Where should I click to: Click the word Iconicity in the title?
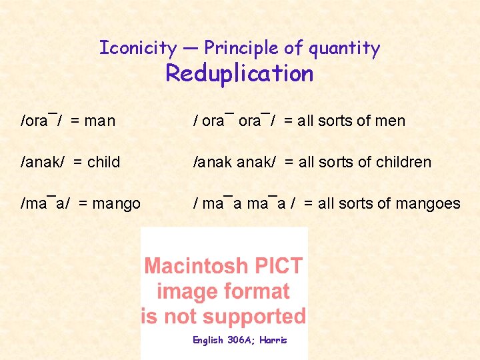[x=138, y=48]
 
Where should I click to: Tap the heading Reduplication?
[x=239, y=73]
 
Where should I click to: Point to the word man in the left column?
[x=100, y=121]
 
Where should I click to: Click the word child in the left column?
[x=103, y=162]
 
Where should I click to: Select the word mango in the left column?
[x=118, y=204]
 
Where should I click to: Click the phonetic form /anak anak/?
[x=234, y=162]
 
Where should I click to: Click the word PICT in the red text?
[x=279, y=267]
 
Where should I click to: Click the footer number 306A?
[x=243, y=340]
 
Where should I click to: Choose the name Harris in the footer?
[x=273, y=340]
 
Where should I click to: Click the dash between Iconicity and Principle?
[x=190, y=49]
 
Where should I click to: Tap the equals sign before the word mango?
[x=83, y=204]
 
